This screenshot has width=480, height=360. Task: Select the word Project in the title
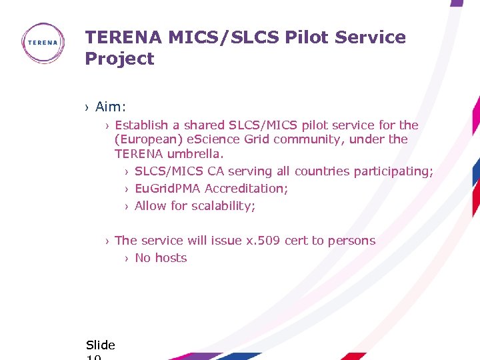[119, 59]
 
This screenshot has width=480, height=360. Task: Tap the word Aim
[109, 107]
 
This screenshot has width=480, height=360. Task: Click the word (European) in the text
[145, 139]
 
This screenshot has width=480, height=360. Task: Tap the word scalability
[223, 206]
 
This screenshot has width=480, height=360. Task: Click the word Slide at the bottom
[101, 345]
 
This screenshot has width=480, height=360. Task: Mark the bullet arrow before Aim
[87, 107]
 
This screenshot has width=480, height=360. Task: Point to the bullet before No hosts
[127, 259]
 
